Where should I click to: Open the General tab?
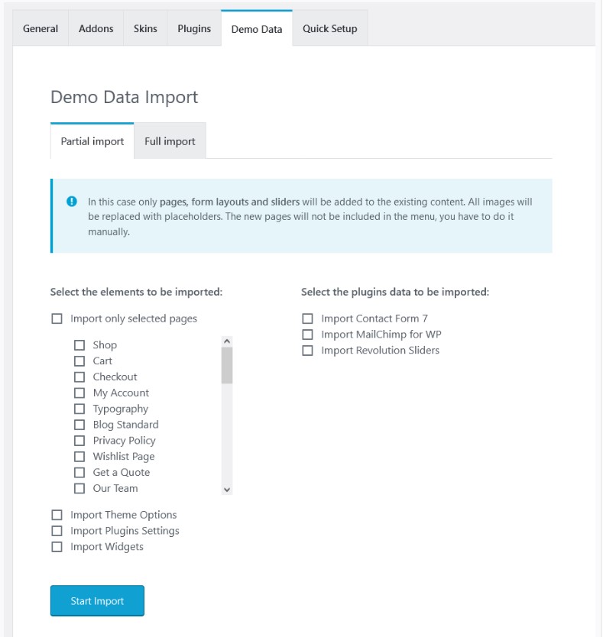click(x=41, y=29)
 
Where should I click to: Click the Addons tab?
click(x=96, y=29)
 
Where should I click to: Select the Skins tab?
click(x=145, y=29)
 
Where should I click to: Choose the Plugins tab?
click(x=194, y=29)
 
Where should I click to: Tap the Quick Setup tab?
click(x=329, y=29)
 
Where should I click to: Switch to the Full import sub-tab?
click(x=170, y=141)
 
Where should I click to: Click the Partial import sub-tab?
click(x=92, y=141)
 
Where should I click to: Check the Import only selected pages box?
click(x=57, y=318)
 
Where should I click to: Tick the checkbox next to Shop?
click(x=79, y=345)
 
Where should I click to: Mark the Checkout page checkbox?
click(x=79, y=377)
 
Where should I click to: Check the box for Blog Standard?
click(x=79, y=425)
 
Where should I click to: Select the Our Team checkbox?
click(x=79, y=489)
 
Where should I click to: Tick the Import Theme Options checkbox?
click(x=57, y=516)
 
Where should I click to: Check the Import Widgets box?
click(x=57, y=547)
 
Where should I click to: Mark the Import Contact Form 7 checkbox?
click(x=307, y=318)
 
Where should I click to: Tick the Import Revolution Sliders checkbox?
click(x=307, y=351)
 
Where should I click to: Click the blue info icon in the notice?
click(x=72, y=202)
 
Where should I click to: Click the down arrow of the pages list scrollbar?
click(x=227, y=489)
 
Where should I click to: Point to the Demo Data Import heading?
click(x=124, y=97)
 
